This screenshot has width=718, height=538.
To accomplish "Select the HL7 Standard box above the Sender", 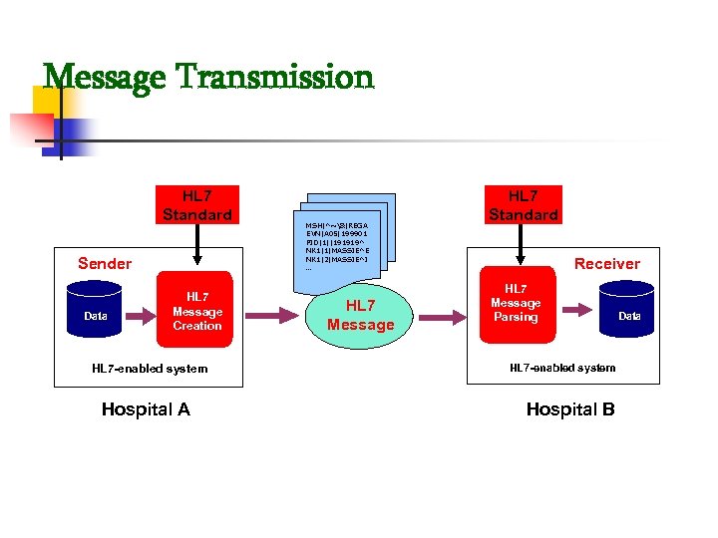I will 196,205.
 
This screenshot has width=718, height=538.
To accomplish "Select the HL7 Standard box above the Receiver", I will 523,205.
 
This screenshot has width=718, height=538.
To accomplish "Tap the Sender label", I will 105,263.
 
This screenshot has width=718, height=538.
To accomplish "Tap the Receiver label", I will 606,263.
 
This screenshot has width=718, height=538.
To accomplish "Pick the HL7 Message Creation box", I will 196,311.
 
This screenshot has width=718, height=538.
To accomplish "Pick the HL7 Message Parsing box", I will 516,303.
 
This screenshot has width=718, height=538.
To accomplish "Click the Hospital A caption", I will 146,409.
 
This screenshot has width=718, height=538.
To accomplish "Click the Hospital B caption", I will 569,409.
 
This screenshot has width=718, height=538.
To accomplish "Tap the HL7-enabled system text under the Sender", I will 150,369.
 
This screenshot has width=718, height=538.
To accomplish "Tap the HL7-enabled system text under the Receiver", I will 562,368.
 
